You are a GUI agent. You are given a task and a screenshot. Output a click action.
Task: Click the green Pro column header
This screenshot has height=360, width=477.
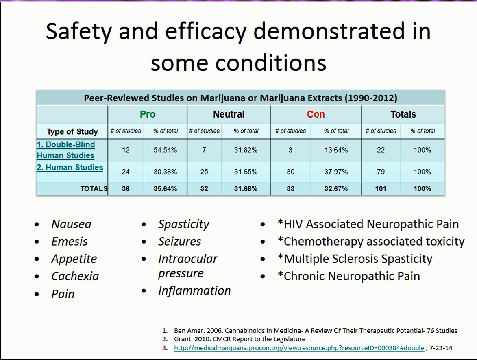tap(147, 114)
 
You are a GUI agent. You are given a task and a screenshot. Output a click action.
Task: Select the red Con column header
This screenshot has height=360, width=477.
tap(316, 114)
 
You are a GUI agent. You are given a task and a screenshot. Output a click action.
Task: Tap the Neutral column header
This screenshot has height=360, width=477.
tap(229, 114)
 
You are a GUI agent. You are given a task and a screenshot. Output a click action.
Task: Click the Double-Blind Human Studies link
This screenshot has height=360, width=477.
tap(66, 150)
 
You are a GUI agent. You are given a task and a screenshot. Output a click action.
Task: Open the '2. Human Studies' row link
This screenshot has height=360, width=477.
tap(70, 168)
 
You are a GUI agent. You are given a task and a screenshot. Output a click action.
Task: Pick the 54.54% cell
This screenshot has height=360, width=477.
tap(165, 150)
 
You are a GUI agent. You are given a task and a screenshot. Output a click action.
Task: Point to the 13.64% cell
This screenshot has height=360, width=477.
tap(336, 150)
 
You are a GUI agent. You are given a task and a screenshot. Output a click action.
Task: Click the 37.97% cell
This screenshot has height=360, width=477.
tap(336, 172)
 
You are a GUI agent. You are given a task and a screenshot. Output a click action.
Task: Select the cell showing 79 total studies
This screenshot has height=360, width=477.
tap(381, 172)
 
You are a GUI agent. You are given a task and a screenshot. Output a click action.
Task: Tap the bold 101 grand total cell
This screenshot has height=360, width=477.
tap(381, 189)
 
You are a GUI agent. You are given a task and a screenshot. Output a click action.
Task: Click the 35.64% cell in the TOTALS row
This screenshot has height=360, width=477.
tap(165, 189)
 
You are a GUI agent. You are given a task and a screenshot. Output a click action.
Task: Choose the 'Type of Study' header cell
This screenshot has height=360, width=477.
tap(72, 131)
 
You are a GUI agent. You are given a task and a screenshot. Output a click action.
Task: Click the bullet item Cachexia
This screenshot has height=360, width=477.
tap(75, 276)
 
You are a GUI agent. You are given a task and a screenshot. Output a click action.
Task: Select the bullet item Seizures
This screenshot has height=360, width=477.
tap(180, 242)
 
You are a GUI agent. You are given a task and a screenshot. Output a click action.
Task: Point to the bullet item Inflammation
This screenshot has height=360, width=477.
tap(194, 290)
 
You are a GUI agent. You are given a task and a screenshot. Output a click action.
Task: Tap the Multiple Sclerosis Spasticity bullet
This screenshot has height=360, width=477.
tap(355, 259)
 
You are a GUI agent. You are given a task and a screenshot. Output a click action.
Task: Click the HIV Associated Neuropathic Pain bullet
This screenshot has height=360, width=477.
tap(368, 224)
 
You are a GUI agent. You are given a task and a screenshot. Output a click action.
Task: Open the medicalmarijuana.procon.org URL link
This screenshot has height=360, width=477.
tap(299, 348)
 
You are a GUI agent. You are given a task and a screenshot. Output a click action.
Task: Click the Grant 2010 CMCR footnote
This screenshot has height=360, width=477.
tap(240, 339)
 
